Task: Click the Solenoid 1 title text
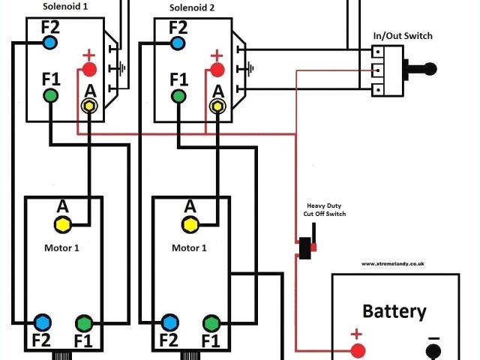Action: tap(65, 7)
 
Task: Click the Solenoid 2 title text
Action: tap(192, 7)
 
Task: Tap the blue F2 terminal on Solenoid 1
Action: tap(50, 43)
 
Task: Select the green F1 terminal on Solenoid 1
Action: tap(50, 95)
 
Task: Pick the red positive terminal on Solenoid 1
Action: tap(89, 70)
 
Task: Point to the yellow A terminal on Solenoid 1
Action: tap(89, 106)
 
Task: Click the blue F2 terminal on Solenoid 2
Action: tap(178, 43)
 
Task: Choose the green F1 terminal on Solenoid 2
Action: tap(178, 97)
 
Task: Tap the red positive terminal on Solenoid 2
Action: tap(217, 70)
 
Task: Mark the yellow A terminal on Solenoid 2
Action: tap(217, 106)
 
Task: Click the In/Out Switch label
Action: tap(403, 36)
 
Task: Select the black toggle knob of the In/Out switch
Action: tap(430, 69)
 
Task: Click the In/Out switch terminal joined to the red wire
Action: tap(378, 70)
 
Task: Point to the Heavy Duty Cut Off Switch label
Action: tap(325, 210)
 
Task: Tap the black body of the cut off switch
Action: tap(305, 248)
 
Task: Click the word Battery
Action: tap(394, 311)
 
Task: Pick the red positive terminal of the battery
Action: tap(358, 351)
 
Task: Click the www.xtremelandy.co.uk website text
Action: tap(393, 263)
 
